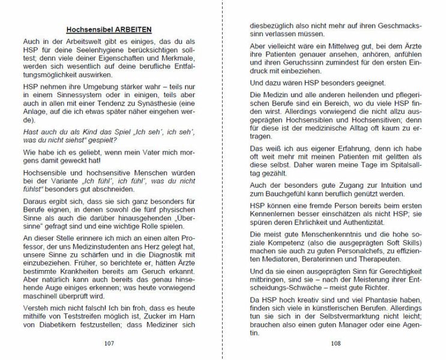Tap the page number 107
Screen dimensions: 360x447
click(x=109, y=344)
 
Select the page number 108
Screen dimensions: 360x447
click(x=336, y=344)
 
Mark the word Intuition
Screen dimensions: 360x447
click(x=369, y=187)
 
